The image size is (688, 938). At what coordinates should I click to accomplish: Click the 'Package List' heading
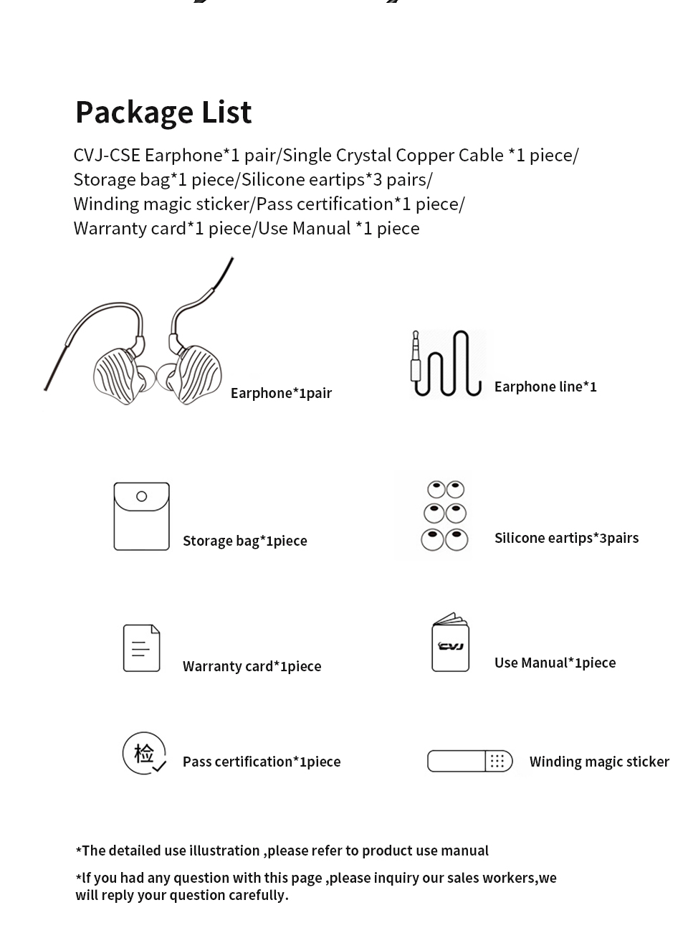click(x=163, y=113)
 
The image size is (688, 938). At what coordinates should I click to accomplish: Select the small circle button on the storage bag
click(x=141, y=496)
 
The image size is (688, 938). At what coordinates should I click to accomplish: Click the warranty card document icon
click(x=141, y=648)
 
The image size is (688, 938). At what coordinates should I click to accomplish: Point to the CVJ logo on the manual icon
click(x=451, y=646)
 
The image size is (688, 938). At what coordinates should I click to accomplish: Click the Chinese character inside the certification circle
click(x=143, y=753)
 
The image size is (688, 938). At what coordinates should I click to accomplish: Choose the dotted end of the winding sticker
click(x=499, y=761)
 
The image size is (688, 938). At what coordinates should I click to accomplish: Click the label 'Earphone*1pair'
click(x=281, y=393)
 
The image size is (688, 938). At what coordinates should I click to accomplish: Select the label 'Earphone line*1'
click(x=545, y=387)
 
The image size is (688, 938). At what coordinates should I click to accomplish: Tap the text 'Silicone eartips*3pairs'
click(x=566, y=538)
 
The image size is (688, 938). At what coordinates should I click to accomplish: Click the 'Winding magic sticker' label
click(x=599, y=762)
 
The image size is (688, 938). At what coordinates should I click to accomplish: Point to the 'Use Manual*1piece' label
click(x=555, y=663)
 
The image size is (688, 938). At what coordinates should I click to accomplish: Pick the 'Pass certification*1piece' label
click(x=262, y=762)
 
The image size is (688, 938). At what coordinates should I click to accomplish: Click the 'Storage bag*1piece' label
click(x=244, y=541)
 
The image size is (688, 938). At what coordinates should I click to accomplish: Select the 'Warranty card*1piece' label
click(x=252, y=666)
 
